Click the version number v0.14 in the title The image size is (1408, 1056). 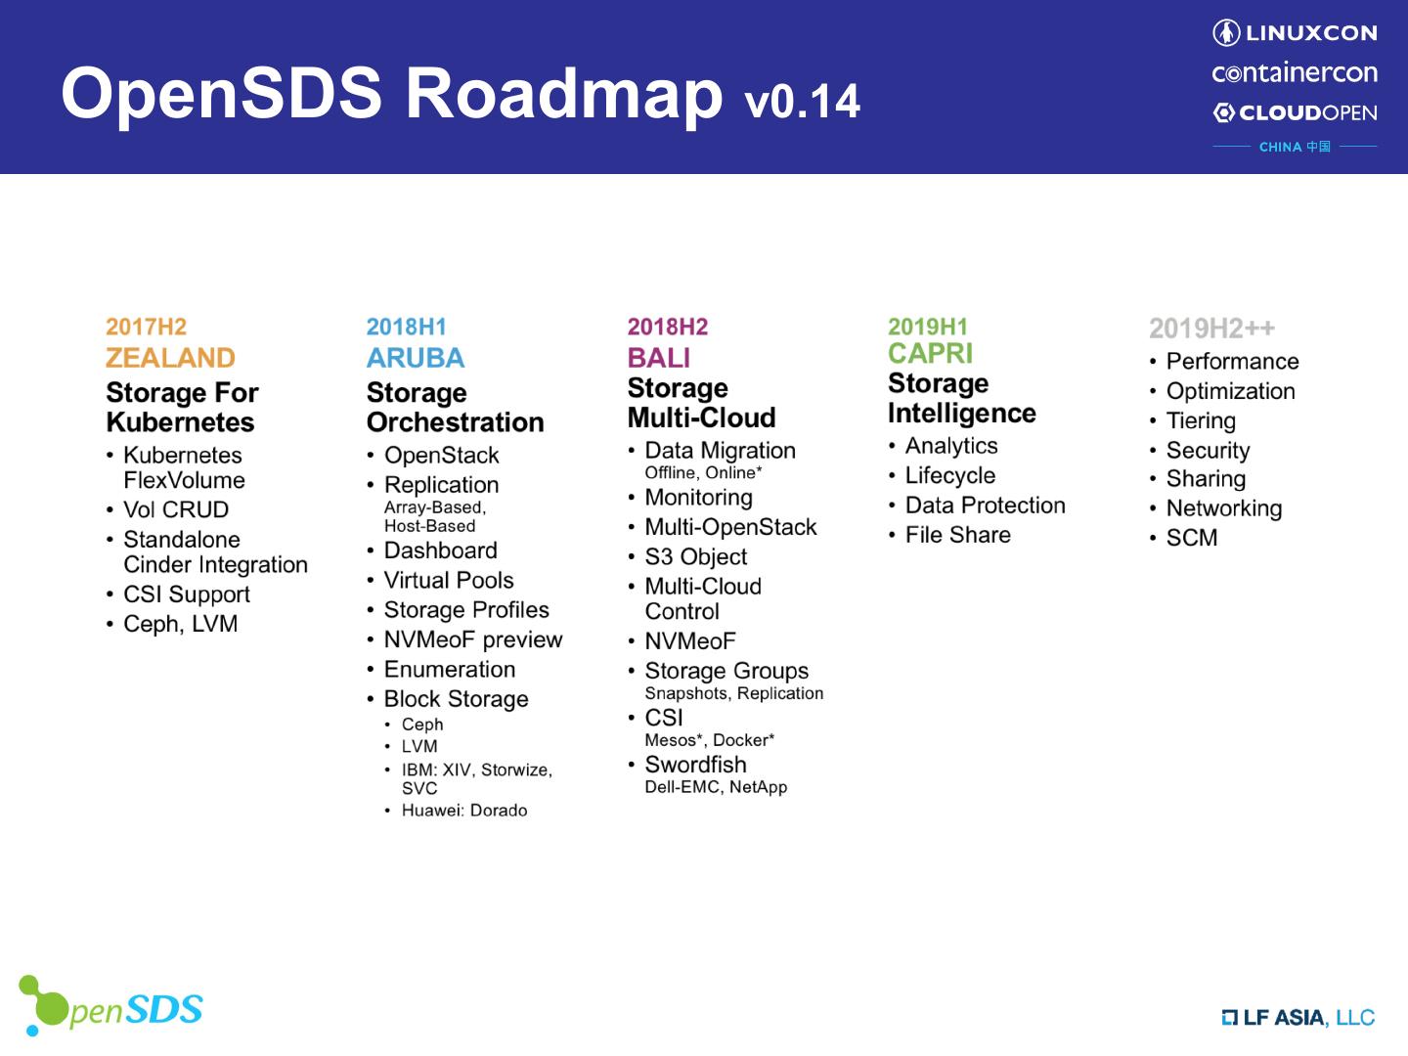point(802,101)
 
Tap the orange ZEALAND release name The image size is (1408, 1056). point(170,358)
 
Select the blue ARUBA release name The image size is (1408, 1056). point(416,358)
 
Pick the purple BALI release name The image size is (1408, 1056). point(659,358)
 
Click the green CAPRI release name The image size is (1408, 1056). point(930,353)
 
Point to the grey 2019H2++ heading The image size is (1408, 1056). point(1211,329)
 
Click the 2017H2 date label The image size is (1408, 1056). point(146,327)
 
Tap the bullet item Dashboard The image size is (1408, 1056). point(440,550)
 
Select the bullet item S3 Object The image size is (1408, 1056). point(695,556)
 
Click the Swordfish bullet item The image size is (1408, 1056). point(695,765)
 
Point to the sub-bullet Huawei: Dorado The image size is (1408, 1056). point(464,811)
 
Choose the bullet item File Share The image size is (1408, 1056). point(957,535)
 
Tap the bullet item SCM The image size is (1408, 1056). point(1192,538)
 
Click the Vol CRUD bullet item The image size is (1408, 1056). point(176,509)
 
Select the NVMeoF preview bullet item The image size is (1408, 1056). point(473,639)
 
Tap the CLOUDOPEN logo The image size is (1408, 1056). point(1295,112)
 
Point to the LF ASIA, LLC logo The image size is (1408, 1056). point(1298,1018)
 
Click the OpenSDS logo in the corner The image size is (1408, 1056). point(110,1007)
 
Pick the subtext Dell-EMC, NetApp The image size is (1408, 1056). point(716,787)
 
